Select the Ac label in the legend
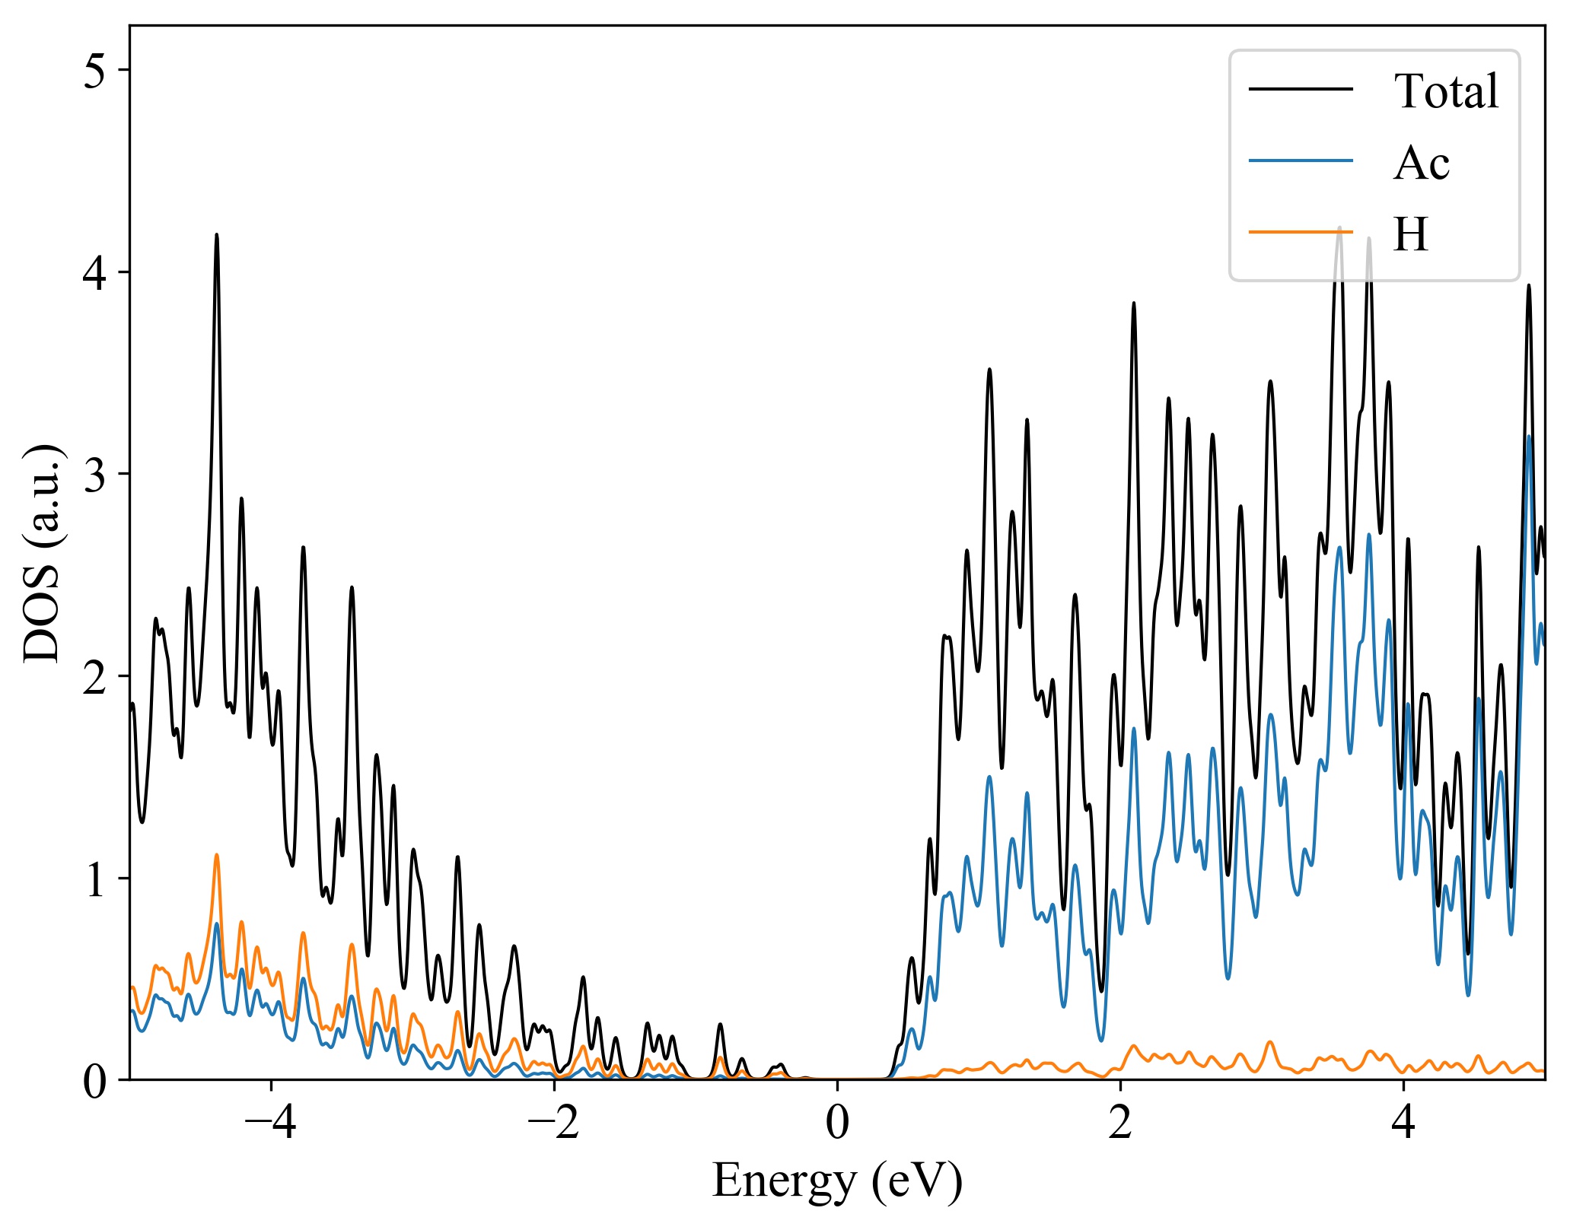click(1421, 163)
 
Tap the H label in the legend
click(1410, 234)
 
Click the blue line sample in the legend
click(1301, 161)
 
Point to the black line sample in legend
click(1301, 89)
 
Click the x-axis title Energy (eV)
click(837, 1181)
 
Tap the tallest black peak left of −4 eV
click(217, 235)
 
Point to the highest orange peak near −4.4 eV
click(217, 855)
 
